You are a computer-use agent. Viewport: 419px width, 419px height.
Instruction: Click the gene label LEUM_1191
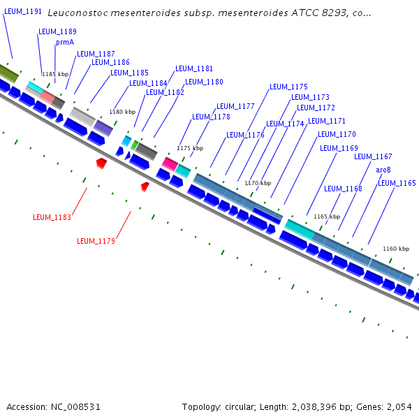pyautogui.click(x=23, y=12)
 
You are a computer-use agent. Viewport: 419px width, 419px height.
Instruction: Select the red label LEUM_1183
pyautogui.click(x=52, y=217)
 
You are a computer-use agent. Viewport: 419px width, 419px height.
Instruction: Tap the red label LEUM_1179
pyautogui.click(x=96, y=241)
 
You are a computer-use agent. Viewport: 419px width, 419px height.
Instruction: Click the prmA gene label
pyautogui.click(x=65, y=42)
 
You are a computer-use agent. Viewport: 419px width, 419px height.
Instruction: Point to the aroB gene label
pyautogui.click(x=383, y=170)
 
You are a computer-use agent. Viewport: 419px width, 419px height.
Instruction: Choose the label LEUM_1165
pyautogui.click(x=397, y=183)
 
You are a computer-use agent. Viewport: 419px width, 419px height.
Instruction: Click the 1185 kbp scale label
pyautogui.click(x=55, y=73)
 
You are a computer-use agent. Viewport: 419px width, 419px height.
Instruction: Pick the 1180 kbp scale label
pyautogui.click(x=122, y=112)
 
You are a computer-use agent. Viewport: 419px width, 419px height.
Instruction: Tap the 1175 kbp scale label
pyautogui.click(x=190, y=148)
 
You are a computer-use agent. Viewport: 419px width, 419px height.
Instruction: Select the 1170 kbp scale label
pyautogui.click(x=257, y=183)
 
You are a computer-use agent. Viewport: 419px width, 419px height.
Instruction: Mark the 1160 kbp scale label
pyautogui.click(x=396, y=249)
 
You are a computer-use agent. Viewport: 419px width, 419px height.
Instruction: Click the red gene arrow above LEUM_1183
pyautogui.click(x=101, y=163)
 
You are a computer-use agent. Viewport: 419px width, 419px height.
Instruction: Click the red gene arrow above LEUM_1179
pyautogui.click(x=145, y=186)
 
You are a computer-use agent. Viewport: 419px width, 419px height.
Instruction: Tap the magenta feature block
pyautogui.click(x=170, y=163)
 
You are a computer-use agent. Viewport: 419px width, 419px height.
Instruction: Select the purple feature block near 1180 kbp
pyautogui.click(x=103, y=127)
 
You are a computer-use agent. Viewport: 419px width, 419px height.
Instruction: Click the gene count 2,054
pyautogui.click(x=397, y=406)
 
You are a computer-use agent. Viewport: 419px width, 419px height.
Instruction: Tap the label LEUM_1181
pyautogui.click(x=194, y=68)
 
